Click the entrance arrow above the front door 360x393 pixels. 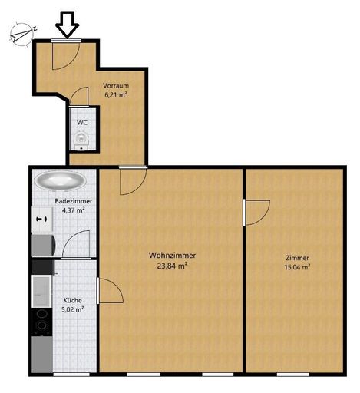click(x=68, y=25)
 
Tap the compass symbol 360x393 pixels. click(x=23, y=35)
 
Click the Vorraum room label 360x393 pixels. click(x=116, y=85)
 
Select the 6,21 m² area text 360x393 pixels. click(x=116, y=95)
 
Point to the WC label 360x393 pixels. click(x=82, y=123)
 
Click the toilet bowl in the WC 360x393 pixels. click(x=81, y=140)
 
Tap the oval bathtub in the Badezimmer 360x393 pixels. click(x=61, y=180)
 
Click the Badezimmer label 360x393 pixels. click(x=74, y=201)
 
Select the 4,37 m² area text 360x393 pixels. click(x=74, y=210)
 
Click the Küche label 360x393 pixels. click(x=73, y=300)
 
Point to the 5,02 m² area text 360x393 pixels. click(x=73, y=309)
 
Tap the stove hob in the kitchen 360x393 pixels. click(x=41, y=322)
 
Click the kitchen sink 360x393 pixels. click(x=41, y=291)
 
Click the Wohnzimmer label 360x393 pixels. click(x=173, y=256)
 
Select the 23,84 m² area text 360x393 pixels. click(x=173, y=266)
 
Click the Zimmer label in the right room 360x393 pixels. click(x=297, y=258)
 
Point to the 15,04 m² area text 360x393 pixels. click(x=297, y=267)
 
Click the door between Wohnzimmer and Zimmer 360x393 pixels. click(x=256, y=213)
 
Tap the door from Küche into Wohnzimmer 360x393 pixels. click(x=111, y=291)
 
